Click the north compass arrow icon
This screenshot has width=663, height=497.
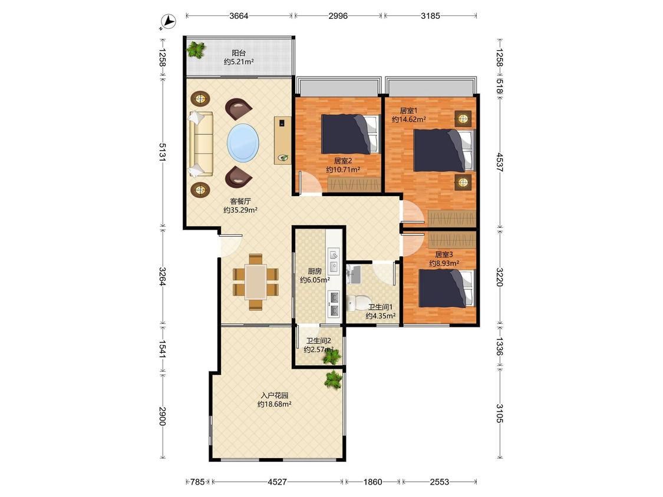pos(169,22)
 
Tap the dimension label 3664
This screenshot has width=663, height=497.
pos(239,16)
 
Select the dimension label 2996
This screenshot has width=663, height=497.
pos(338,16)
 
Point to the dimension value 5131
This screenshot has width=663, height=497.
pos(163,152)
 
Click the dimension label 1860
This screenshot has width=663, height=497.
pos(372,481)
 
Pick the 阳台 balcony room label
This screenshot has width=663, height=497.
pos(239,53)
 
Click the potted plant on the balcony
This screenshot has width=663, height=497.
pos(196,49)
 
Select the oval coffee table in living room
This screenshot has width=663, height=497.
pos(243,143)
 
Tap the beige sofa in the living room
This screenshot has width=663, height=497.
pos(200,144)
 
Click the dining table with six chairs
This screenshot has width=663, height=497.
pos(255,282)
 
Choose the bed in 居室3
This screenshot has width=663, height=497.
pos(446,288)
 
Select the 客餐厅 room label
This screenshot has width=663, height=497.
pos(240,201)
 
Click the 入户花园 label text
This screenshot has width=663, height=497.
pos(275,396)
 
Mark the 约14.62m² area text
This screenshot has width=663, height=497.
pos(409,120)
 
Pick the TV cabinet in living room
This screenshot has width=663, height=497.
pos(282,140)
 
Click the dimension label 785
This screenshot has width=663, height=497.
pos(197,481)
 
